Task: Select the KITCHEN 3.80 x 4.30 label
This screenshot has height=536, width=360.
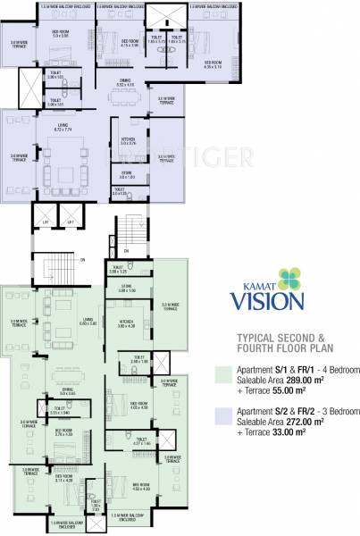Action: pos(124,324)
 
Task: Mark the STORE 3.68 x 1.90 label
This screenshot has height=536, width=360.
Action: pos(126,289)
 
